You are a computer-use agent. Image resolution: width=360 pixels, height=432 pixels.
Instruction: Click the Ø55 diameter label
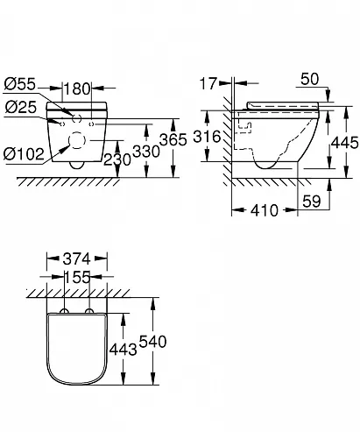click(19, 84)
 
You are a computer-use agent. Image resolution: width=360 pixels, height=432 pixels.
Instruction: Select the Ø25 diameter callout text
click(20, 107)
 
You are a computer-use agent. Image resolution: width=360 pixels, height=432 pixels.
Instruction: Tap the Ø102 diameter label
click(24, 153)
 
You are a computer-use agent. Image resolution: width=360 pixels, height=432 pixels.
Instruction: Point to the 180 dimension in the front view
click(77, 89)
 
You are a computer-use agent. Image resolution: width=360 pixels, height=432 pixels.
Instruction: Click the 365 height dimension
click(173, 139)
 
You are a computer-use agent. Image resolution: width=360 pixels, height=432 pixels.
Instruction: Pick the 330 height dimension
click(146, 152)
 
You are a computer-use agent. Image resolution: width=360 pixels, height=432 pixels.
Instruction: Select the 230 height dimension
click(117, 159)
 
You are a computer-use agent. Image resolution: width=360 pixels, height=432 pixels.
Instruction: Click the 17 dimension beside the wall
click(208, 83)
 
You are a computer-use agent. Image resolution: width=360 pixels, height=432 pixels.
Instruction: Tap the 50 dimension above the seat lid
click(310, 79)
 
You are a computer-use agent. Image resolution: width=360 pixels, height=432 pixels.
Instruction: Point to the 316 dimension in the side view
click(208, 137)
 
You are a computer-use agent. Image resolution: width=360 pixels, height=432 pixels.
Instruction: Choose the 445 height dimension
click(345, 143)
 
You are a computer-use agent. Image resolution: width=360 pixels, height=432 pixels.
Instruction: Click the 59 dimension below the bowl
click(312, 202)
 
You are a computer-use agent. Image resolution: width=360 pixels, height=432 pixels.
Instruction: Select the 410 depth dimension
click(265, 210)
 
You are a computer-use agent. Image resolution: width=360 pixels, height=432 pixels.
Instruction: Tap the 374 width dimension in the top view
click(77, 258)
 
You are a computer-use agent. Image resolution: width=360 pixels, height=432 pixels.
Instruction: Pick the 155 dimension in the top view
click(77, 277)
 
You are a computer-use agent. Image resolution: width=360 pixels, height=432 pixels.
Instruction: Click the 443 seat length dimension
click(123, 350)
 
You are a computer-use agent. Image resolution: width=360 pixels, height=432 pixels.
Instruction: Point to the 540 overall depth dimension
click(152, 342)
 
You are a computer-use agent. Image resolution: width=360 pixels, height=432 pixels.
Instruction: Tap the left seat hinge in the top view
click(64, 311)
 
